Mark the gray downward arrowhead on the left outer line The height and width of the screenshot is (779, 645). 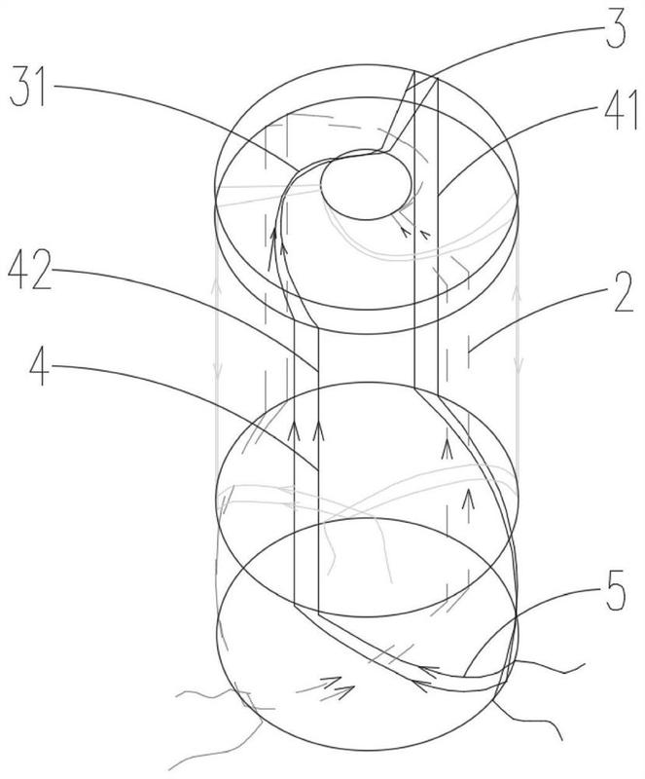[217, 371]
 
